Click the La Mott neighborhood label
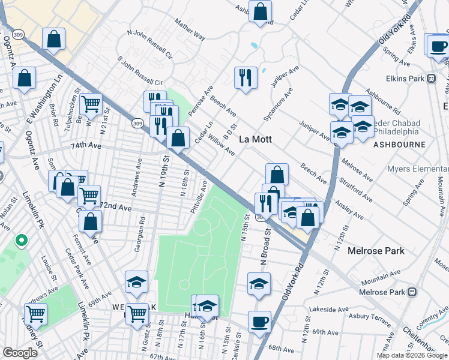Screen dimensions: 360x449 coord(256,139)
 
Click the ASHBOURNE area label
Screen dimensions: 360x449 coord(399,145)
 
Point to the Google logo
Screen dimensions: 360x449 coord(20,353)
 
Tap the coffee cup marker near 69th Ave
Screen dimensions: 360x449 coord(259,321)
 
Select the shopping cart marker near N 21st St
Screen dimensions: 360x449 coord(91,104)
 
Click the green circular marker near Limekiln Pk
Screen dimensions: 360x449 coord(22,241)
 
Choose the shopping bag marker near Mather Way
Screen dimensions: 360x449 coord(261,11)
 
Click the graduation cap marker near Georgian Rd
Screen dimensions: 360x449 coord(137,282)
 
